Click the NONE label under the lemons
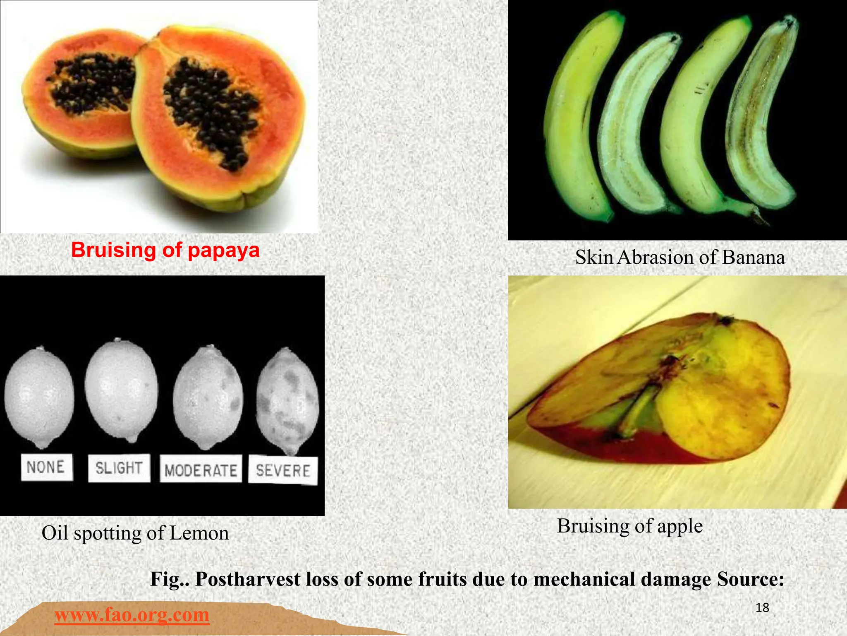(x=46, y=467)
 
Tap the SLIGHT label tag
(x=119, y=468)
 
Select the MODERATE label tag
(x=201, y=470)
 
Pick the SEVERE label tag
(x=283, y=470)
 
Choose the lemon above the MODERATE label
(x=208, y=398)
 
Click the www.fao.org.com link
(x=132, y=614)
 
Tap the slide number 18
(x=762, y=607)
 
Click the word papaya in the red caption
(x=223, y=251)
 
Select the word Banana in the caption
(x=753, y=257)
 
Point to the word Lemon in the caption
(x=199, y=533)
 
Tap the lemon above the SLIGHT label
(x=122, y=389)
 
